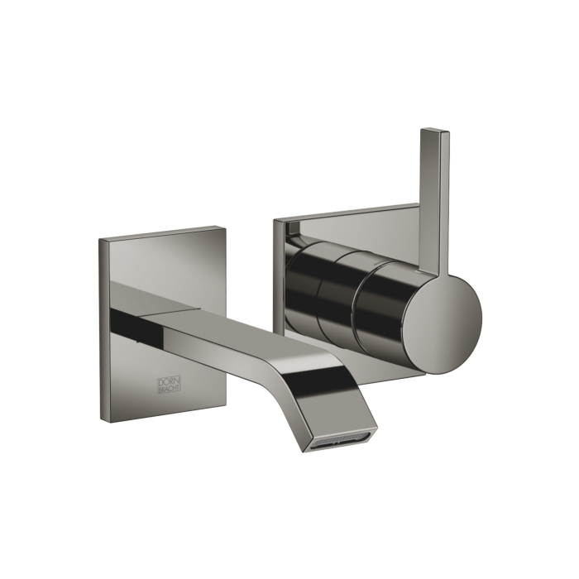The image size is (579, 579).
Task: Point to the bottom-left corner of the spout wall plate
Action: tap(113, 422)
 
